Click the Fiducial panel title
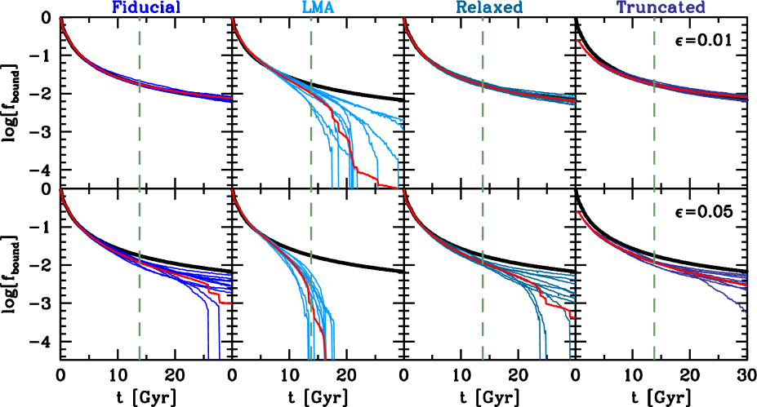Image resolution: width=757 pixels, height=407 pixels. tap(145, 8)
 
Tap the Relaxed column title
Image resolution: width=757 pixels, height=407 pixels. tap(488, 8)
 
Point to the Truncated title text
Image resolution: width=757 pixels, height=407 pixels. tap(661, 8)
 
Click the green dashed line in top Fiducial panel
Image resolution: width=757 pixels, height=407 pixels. tap(140, 49)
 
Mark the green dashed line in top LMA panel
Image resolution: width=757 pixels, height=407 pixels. tap(311, 49)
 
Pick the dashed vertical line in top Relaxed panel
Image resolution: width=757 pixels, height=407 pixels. tap(483, 49)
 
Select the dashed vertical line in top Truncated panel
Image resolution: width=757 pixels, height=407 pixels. tap(654, 49)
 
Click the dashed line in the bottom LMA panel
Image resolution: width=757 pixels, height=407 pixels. tap(311, 228)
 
